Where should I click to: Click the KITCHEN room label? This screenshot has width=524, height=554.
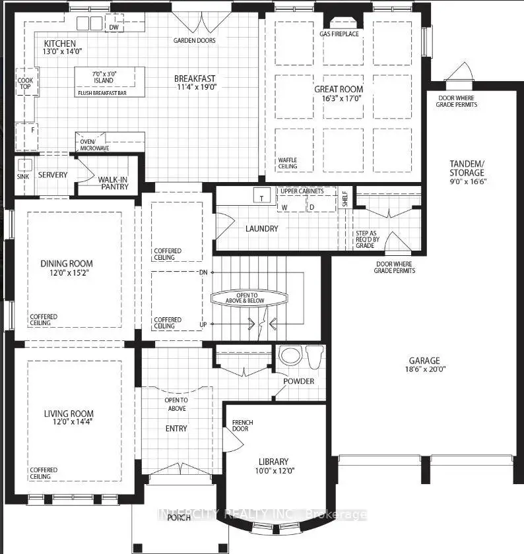point(60,44)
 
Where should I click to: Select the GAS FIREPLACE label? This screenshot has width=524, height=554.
point(339,34)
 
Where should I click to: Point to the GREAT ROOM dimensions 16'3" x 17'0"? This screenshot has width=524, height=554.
point(342,98)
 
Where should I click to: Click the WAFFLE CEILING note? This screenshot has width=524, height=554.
point(288,164)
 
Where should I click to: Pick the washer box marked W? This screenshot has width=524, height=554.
point(291,204)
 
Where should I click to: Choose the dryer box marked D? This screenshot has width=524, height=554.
point(321,204)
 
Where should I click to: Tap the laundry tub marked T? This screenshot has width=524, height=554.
point(262,195)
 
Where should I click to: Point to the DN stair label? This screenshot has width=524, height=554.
point(203,272)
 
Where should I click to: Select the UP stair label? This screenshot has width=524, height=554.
point(203,324)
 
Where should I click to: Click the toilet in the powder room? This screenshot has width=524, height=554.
point(315,357)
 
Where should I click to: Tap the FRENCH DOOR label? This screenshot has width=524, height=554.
point(243,425)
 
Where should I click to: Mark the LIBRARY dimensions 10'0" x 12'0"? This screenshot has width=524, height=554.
point(275,471)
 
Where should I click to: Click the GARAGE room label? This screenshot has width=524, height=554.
point(424,360)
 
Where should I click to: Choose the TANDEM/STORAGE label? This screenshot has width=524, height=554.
point(467,168)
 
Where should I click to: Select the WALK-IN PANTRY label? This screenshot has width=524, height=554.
point(113,183)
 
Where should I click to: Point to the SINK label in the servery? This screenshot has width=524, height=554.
point(23,176)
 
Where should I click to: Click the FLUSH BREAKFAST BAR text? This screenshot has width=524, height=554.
point(102,93)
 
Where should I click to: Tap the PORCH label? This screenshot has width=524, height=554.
point(179,518)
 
